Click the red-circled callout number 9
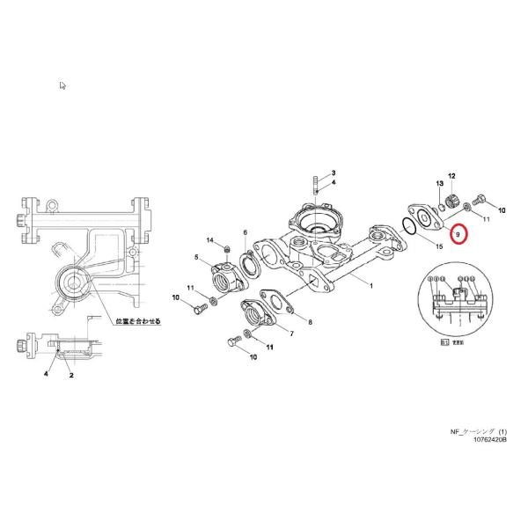(458, 234)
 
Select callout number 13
(437, 183)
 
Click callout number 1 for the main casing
(371, 286)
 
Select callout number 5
(196, 257)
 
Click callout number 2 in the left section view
(71, 376)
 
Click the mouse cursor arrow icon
(63, 85)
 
